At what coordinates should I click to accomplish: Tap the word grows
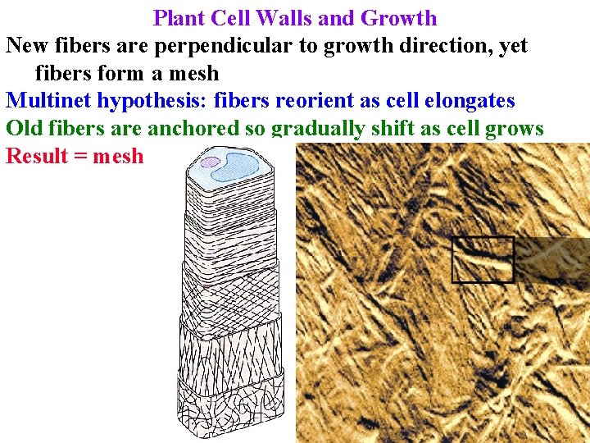tap(516, 130)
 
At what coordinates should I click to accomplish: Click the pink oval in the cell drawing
tap(211, 162)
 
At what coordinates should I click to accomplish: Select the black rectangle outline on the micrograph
tap(483, 259)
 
